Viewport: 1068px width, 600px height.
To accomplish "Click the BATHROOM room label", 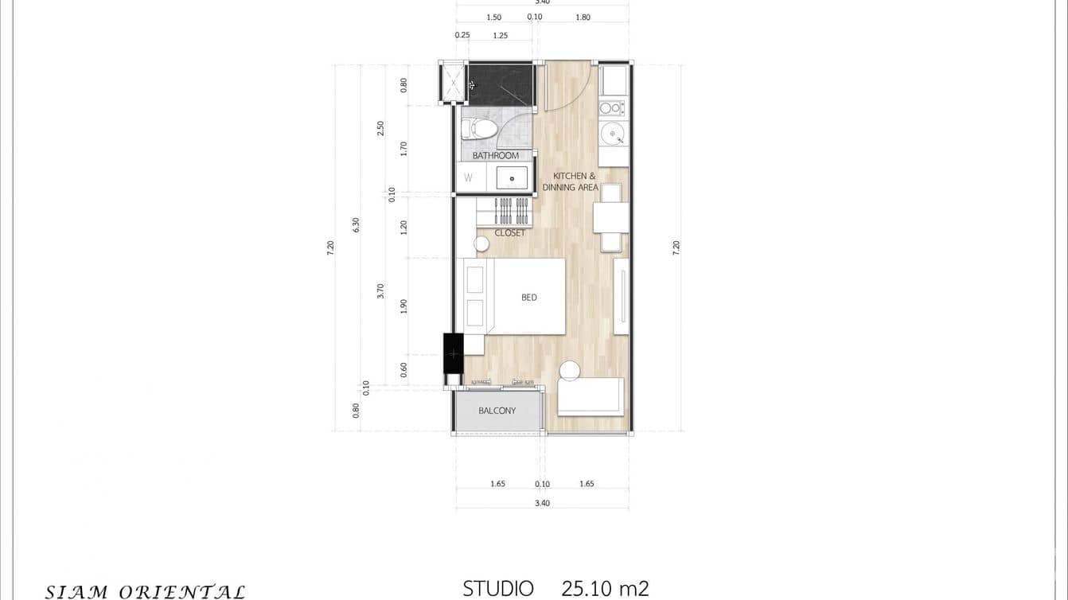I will click(495, 155).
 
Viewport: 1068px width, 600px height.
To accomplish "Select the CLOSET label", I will click(509, 233).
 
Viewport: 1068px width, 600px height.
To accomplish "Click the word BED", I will click(529, 298).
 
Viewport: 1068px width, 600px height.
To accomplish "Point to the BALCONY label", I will click(497, 411).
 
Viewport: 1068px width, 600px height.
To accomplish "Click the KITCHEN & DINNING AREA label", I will click(570, 181).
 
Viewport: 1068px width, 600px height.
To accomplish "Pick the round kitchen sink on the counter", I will click(612, 131).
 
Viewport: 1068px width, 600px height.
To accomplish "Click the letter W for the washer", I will click(468, 178).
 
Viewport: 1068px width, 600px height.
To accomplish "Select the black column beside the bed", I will click(453, 353).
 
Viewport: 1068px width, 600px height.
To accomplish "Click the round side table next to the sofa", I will click(570, 371).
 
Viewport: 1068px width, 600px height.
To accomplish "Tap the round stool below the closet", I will click(481, 244).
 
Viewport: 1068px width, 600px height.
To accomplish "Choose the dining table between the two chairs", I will click(610, 217).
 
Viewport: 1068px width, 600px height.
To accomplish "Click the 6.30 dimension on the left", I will click(357, 225).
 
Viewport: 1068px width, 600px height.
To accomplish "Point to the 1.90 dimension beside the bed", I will click(403, 306).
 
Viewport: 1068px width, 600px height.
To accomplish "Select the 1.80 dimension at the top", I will click(583, 18).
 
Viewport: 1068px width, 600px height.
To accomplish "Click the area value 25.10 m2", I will click(605, 589).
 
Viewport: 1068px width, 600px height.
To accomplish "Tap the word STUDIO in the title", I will click(498, 589).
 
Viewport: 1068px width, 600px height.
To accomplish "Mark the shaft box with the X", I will click(453, 83).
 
